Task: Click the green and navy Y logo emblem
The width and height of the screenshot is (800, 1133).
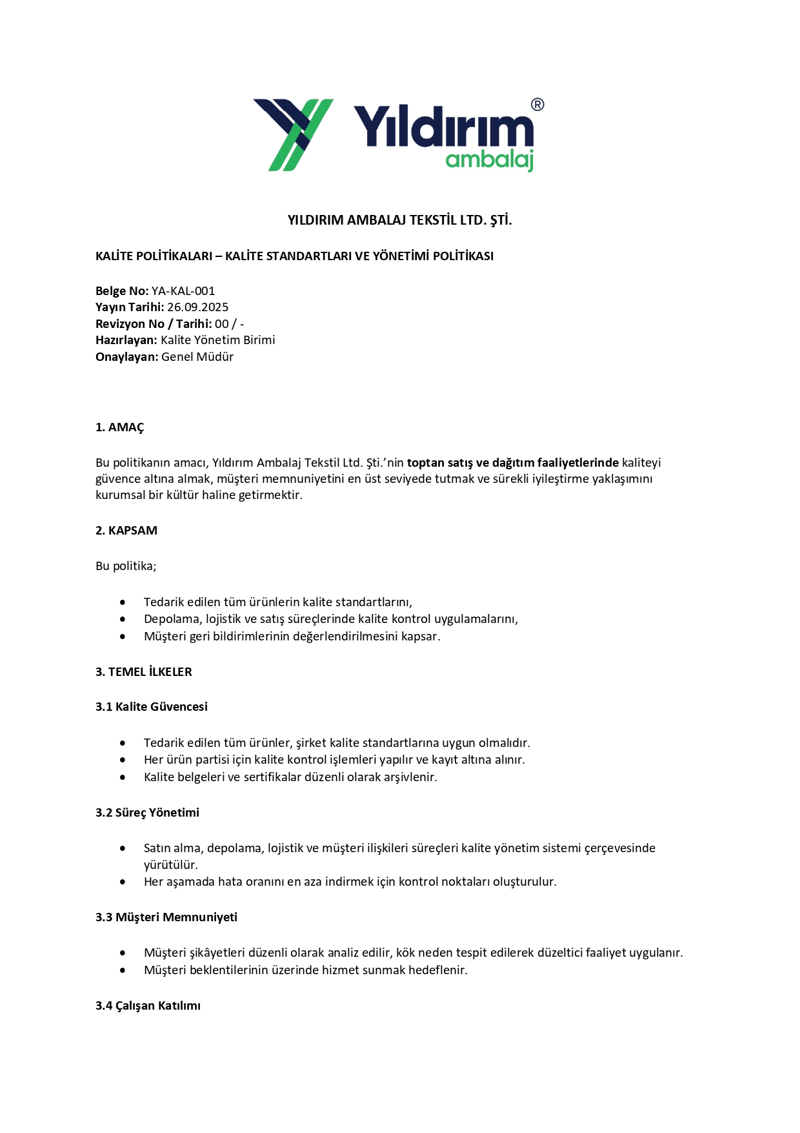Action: coord(294,134)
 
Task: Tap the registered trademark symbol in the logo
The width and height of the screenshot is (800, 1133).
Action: coord(537,105)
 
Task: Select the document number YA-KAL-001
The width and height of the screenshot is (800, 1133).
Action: coord(183,291)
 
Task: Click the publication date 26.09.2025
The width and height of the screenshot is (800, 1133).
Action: coord(197,307)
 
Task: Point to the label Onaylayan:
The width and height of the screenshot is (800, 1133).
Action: coord(126,357)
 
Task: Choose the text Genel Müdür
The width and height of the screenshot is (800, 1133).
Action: coord(197,357)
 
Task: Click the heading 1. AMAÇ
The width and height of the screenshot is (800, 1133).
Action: coord(120,427)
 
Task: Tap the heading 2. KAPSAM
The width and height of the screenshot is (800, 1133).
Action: coord(126,531)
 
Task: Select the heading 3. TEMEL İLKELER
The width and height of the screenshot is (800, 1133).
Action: coord(144,672)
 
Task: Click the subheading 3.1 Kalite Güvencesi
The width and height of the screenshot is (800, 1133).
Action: coord(152,707)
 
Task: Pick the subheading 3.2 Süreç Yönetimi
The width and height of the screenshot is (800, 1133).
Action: coord(147,813)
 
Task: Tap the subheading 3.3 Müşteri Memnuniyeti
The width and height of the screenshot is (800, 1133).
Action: coord(166,917)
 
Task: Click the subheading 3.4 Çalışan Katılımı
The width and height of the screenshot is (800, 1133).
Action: coord(148,1006)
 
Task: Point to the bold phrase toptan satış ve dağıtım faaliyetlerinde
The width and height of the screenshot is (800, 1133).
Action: coord(513,463)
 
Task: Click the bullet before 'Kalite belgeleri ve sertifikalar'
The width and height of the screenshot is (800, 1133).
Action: coord(123,777)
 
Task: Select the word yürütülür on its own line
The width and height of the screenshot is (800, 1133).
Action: coord(171,865)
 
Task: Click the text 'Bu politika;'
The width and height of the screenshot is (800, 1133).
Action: coord(126,566)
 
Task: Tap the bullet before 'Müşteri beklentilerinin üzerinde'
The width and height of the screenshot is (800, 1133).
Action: coord(123,970)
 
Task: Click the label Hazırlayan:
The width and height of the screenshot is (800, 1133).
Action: coord(126,340)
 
